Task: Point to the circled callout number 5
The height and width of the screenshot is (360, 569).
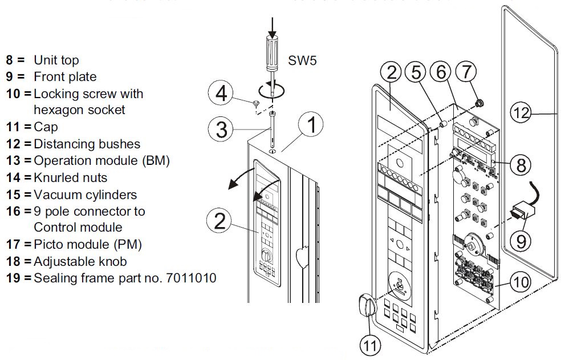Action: [418, 73]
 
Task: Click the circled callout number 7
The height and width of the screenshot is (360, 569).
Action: [466, 73]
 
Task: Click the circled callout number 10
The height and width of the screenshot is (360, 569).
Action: [521, 281]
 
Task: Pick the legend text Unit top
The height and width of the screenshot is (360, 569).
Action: [56, 60]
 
